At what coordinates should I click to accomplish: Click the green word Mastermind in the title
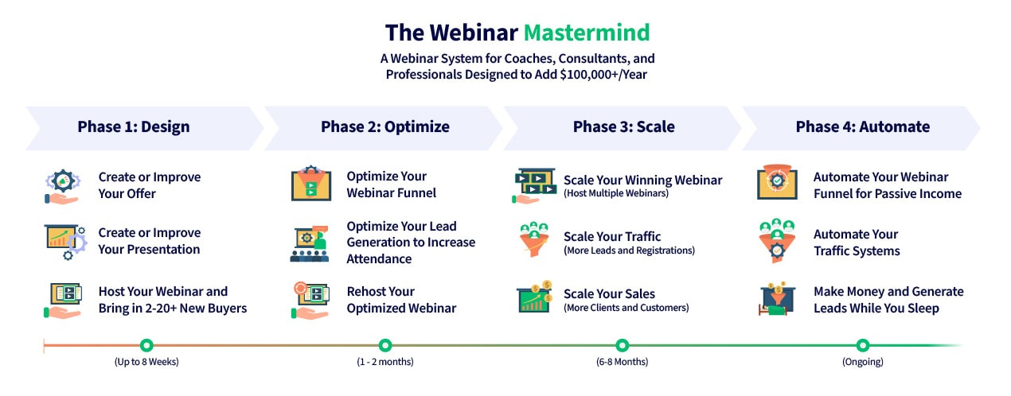point(587,33)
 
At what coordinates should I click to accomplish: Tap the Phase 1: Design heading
point(134,126)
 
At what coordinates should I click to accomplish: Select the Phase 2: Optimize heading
point(384,126)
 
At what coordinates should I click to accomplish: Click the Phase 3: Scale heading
point(623,126)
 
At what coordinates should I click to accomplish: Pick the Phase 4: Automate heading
point(862,126)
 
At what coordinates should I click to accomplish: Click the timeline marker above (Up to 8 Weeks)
point(146,345)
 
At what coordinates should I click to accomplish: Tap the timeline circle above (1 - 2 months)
point(385,345)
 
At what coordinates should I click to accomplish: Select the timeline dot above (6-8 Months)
point(623,345)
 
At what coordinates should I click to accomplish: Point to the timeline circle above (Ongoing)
point(862,345)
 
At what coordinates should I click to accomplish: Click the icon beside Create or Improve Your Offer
point(62,186)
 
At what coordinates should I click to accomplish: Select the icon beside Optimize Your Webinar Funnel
point(310,184)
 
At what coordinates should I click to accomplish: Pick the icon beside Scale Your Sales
point(535,299)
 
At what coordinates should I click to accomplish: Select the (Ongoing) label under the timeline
point(862,362)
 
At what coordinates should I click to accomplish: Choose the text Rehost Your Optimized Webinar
point(401,300)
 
